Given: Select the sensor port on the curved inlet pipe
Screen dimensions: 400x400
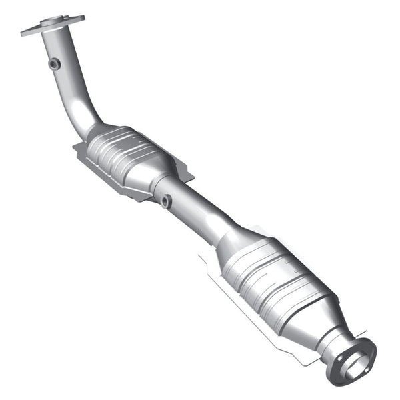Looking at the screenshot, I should (x=54, y=63).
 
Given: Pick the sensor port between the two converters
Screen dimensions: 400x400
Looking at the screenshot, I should (x=165, y=200).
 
